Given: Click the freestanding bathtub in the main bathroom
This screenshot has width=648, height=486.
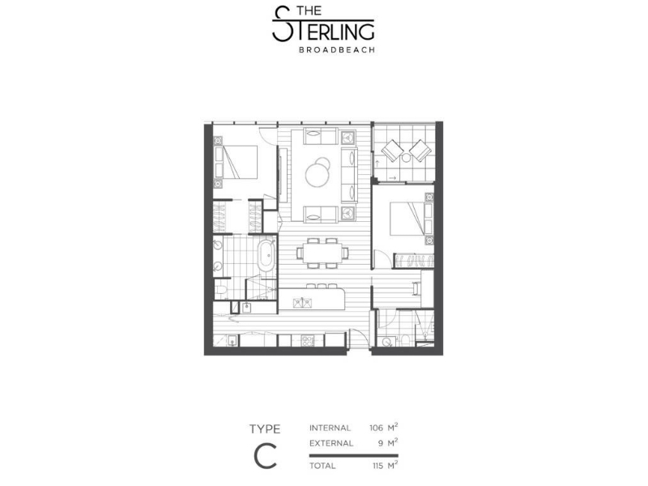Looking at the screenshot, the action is point(266,256).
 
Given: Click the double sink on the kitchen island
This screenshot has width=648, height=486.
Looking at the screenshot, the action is point(302,303).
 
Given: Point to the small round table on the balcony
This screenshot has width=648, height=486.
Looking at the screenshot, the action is point(407,157).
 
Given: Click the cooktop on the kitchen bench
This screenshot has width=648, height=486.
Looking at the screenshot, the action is point(309,341).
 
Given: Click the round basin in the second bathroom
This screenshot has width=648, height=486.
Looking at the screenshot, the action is point(387,342).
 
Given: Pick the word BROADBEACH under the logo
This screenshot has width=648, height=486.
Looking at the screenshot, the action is point(337,49).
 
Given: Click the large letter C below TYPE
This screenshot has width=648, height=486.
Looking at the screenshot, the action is point(266,455).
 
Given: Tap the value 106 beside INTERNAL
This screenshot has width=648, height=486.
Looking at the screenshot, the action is point(377,428).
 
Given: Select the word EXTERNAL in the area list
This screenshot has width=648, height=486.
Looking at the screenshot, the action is point(331,443).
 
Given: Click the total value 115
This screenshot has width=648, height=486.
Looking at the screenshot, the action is point(377,466).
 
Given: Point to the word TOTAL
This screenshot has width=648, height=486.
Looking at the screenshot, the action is point(322,466).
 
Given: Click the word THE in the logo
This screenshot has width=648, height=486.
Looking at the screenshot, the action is point(309,11).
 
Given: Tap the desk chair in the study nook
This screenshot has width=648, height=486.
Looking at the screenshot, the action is point(416,288).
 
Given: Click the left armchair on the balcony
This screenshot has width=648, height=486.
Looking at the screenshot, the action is point(392,151).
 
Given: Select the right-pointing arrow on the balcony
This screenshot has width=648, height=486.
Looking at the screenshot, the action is point(393,178).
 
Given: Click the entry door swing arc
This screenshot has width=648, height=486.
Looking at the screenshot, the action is point(359,336).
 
